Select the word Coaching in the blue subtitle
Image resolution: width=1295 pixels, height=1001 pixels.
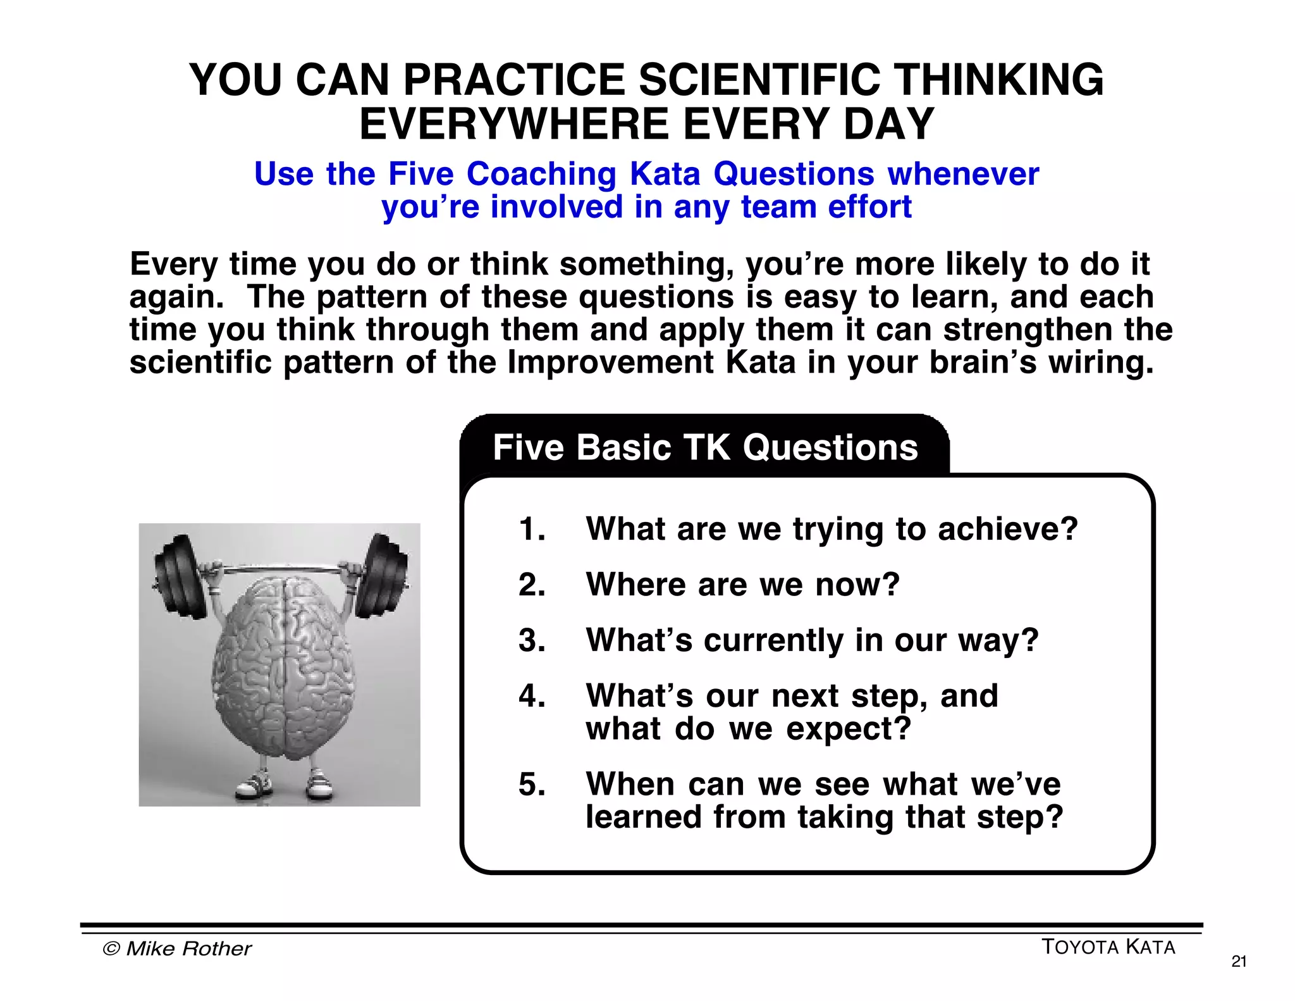coord(541,174)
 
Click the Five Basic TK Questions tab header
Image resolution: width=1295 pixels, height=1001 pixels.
coord(705,447)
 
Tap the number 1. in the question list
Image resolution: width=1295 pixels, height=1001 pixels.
coord(532,529)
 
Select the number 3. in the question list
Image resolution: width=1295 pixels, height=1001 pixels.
coord(532,640)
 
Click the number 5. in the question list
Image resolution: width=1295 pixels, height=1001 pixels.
coord(532,785)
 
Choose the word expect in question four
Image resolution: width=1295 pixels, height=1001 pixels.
coord(848,729)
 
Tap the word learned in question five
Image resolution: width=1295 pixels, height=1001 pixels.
coord(644,817)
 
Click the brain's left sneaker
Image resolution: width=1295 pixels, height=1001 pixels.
coord(254,785)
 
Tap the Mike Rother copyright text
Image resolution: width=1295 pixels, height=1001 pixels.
coord(177,948)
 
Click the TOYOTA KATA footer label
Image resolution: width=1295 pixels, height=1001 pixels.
coord(1108,947)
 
